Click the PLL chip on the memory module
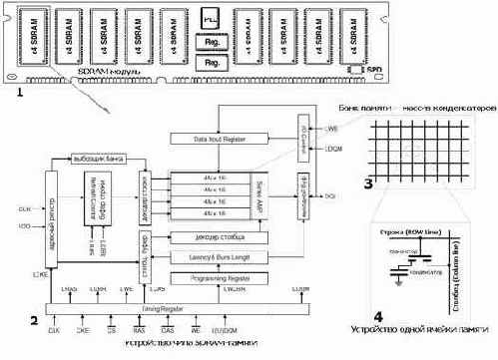[211, 19]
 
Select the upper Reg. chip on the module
[211, 43]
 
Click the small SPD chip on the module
[356, 70]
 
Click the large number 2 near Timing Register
[33, 320]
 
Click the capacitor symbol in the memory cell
[400, 264]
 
